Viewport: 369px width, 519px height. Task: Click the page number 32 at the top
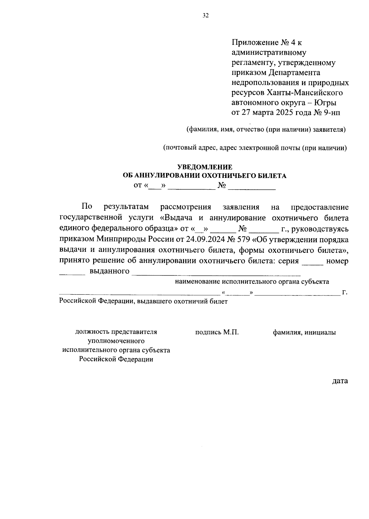[x=206, y=16]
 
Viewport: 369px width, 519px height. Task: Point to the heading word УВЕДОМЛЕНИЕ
[x=205, y=167]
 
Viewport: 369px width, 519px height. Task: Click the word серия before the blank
[x=288, y=261]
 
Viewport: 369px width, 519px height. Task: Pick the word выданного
[x=109, y=271]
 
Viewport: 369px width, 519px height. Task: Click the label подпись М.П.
[x=217, y=332]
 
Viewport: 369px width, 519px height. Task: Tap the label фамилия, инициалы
[x=304, y=332]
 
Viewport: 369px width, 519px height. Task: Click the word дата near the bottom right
[x=340, y=381]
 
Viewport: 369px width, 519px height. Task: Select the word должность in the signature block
[x=91, y=332]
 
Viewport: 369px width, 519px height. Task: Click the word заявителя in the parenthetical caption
[x=329, y=130]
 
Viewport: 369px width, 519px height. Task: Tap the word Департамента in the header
[x=295, y=72]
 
